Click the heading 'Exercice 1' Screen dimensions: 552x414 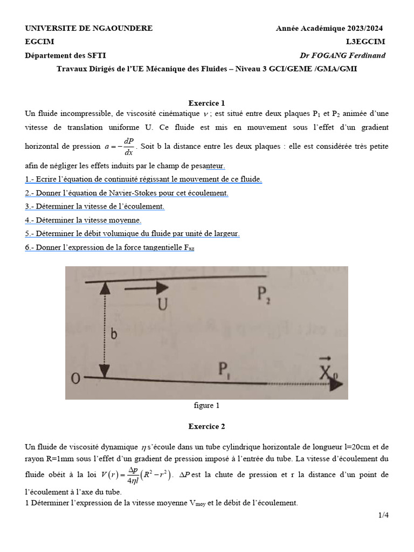tap(206, 103)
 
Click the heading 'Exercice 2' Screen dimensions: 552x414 tap(206, 426)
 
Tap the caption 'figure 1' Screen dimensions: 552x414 tap(206, 405)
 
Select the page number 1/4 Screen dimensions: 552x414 tap(383, 515)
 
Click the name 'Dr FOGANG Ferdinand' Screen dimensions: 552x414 tap(343, 56)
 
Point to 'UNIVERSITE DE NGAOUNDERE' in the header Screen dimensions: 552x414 tap(89, 28)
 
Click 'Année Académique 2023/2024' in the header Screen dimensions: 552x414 tap(330, 28)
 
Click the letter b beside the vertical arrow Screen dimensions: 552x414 tap(114, 334)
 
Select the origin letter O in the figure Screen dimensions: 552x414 tap(76, 379)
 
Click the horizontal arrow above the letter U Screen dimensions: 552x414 tap(143, 289)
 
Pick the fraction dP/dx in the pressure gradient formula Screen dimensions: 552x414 tap(128, 147)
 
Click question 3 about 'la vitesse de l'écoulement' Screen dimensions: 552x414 tap(95, 206)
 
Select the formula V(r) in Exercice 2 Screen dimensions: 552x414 tap(135, 475)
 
